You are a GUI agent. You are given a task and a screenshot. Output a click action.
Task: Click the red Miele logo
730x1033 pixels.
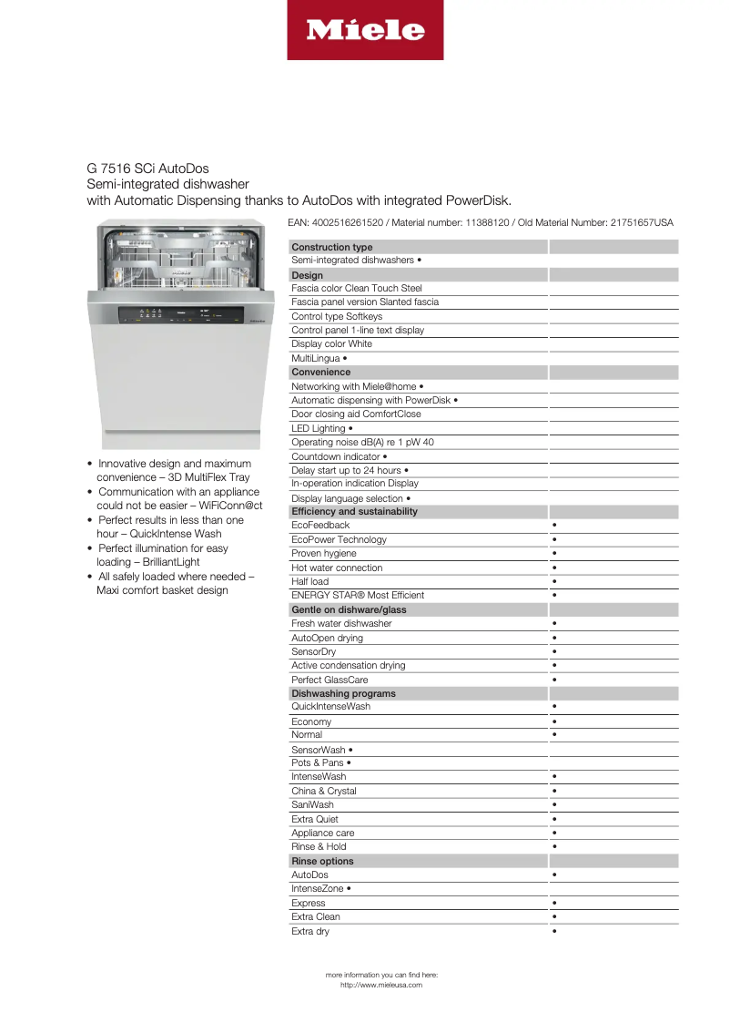pyautogui.click(x=365, y=30)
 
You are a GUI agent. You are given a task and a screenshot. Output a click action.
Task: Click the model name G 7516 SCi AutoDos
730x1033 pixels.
pyautogui.click(x=147, y=169)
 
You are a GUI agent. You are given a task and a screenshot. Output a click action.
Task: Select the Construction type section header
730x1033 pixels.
pyautogui.click(x=332, y=247)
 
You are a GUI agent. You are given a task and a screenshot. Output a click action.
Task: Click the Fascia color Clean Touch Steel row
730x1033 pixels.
pyautogui.click(x=357, y=288)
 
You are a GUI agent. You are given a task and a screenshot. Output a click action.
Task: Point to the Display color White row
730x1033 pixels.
pyautogui.click(x=331, y=344)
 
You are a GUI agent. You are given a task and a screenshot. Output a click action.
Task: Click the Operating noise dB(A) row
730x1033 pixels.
pyautogui.click(x=362, y=442)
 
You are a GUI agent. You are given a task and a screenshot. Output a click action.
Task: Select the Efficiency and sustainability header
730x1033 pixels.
pyautogui.click(x=354, y=512)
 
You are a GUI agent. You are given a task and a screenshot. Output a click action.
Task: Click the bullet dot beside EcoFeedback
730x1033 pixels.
pyautogui.click(x=554, y=526)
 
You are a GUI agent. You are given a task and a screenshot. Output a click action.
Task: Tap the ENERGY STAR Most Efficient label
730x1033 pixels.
pyautogui.click(x=358, y=596)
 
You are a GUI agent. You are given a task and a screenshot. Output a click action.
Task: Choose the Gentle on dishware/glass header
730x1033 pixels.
pyautogui.click(x=349, y=609)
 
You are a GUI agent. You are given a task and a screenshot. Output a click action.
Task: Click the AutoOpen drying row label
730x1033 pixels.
pyautogui.click(x=327, y=639)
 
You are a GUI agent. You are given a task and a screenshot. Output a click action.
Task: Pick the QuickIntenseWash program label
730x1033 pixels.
pyautogui.click(x=330, y=707)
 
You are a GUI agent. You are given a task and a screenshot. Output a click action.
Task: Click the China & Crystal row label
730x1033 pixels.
pyautogui.click(x=324, y=792)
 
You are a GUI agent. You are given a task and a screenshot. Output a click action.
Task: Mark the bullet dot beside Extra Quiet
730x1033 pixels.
pyautogui.click(x=554, y=819)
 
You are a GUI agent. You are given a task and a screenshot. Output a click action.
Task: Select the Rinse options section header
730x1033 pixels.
pyautogui.click(x=322, y=861)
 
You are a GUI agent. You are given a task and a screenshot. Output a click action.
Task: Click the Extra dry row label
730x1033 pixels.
pyautogui.click(x=310, y=932)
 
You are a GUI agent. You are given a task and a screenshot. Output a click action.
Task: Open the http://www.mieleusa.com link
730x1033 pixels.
pyautogui.click(x=381, y=985)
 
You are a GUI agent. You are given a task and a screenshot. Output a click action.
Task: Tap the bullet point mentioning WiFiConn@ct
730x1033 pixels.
pyautogui.click(x=179, y=498)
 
